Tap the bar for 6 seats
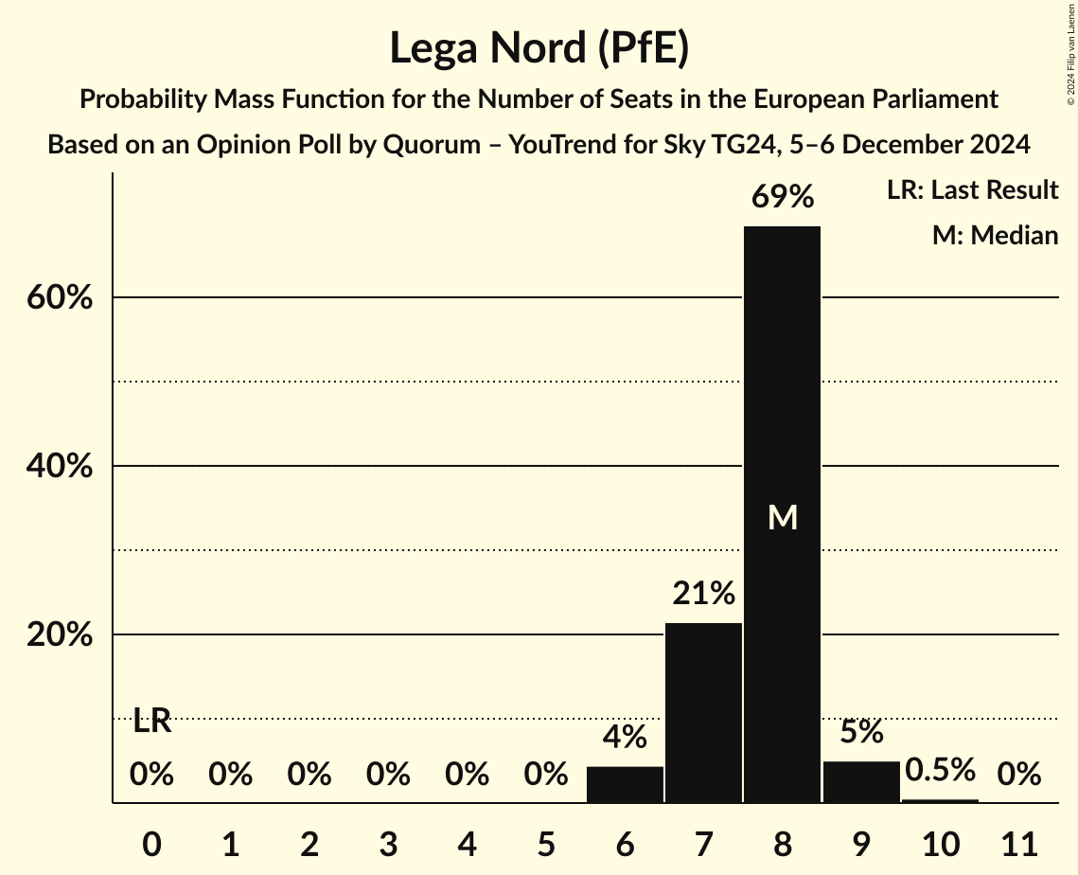[625, 784]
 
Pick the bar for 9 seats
[861, 781]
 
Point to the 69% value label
[782, 197]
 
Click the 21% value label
[703, 594]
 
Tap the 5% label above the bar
[861, 732]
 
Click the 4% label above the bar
[625, 737]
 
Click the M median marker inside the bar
[783, 517]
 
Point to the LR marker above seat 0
[151, 722]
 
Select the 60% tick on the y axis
[59, 298]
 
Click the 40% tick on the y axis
[59, 467]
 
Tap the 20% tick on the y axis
[59, 635]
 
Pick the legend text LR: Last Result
[972, 190]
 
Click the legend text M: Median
[995, 235]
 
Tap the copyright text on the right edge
[1069, 53]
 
